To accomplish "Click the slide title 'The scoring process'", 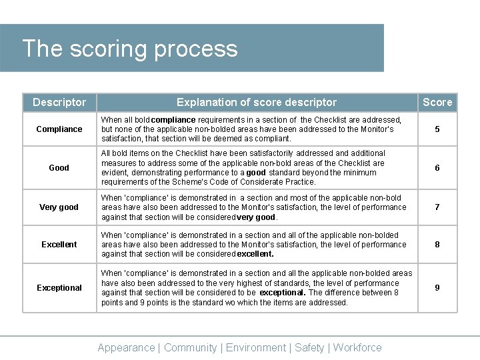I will coord(129,49).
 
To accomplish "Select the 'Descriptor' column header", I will coord(59,102).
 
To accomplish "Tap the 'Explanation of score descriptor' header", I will coord(257,102).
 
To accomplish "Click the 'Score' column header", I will coord(437,102).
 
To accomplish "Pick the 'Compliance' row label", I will coord(59,129).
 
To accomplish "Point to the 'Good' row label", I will coord(59,168).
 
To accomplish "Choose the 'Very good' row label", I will coord(59,207).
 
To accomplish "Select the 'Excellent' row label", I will coord(59,245).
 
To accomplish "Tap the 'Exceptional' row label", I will coord(59,288).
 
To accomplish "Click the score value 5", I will coord(437,129).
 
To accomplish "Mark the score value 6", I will coord(437,168).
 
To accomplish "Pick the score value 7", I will coord(437,207).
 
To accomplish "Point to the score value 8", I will coord(437,245).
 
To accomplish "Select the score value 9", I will coord(437,288).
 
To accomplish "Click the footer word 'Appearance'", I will coord(126,347).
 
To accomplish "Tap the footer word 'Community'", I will coord(190,347).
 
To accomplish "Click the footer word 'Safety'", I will coord(309,347).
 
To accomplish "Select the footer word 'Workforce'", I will coord(357,347).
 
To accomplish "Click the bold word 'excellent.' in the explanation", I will coord(255,254).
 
